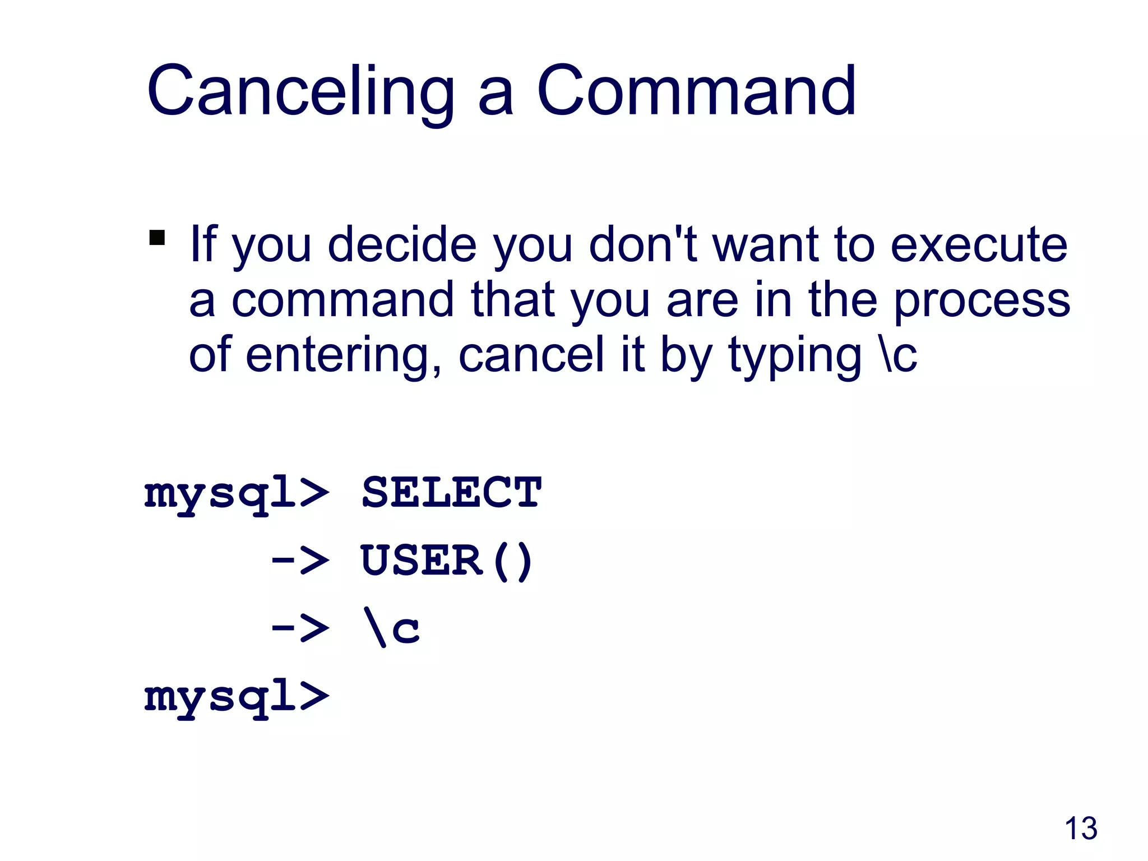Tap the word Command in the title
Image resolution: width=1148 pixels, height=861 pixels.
[696, 91]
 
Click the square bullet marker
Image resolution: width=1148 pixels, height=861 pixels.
[157, 238]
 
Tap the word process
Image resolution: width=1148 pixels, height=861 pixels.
[981, 302]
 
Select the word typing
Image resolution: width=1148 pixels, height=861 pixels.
[794, 357]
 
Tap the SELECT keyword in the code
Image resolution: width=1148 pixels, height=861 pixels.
[451, 492]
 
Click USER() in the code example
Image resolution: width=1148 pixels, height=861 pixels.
[446, 560]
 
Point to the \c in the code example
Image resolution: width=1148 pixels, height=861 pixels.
[391, 628]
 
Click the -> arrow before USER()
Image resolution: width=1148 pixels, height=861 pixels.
[300, 560]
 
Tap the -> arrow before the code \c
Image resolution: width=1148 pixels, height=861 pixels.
[300, 628]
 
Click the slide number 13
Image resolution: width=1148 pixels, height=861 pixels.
[1080, 828]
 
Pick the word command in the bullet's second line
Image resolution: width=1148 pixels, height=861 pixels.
[342, 300]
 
